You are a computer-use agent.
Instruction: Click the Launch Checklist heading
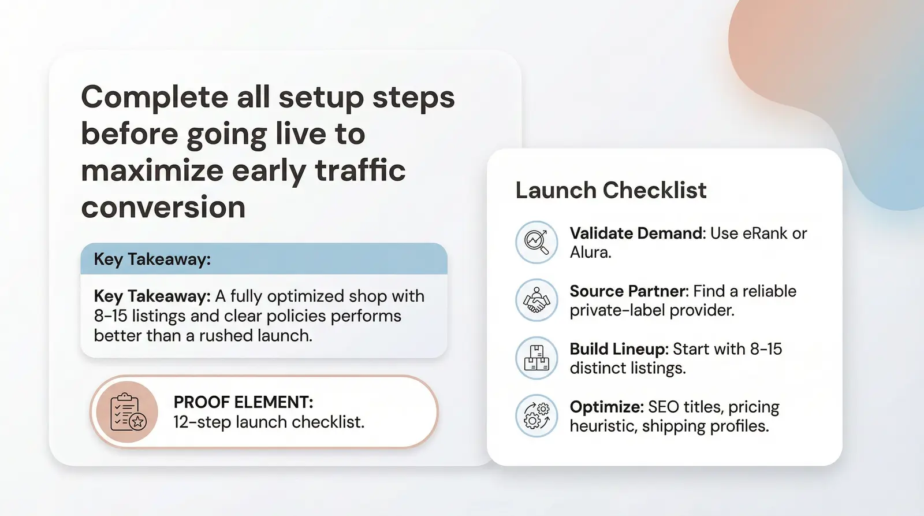point(610,191)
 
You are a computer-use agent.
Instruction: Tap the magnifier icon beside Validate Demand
point(536,242)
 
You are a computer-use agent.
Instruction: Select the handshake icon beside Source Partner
point(536,300)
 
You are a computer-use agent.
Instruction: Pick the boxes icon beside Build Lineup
point(536,358)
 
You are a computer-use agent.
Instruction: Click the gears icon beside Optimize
point(536,416)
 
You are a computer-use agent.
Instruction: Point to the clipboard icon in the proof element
point(127,412)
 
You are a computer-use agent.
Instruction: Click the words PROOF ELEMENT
point(243,402)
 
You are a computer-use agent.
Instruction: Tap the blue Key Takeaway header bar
point(264,259)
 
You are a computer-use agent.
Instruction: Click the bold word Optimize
point(606,407)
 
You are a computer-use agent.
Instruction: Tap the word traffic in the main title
point(360,170)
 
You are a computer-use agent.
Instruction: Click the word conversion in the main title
point(163,207)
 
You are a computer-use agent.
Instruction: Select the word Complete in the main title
point(155,97)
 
